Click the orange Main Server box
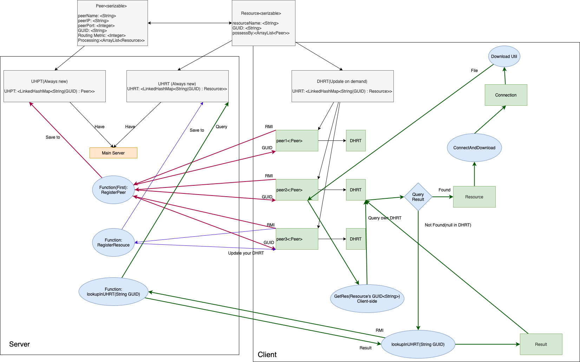pos(113,153)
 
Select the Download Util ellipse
pos(504,57)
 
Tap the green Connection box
pos(506,95)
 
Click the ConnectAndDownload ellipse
pos(474,148)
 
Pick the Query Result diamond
pos(418,197)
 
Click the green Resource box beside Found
pos(474,197)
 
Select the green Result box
pos(541,344)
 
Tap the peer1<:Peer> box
pos(296,141)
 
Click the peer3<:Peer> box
pos(296,239)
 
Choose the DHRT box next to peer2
pos(356,190)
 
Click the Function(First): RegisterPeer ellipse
pos(113,190)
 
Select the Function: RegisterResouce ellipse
pos(113,243)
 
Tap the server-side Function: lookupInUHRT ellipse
pos(113,292)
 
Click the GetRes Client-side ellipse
pos(367,299)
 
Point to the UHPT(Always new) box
pos(54,86)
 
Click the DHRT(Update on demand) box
pos(342,86)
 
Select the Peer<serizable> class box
pos(112,23)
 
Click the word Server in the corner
pos(19,344)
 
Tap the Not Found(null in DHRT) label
pos(448,225)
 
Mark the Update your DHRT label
pos(246,253)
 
